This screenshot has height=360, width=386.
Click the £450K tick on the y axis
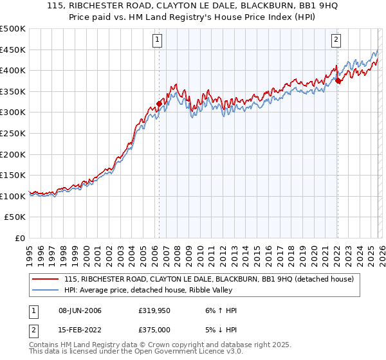[13, 50]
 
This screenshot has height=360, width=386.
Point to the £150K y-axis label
[13, 175]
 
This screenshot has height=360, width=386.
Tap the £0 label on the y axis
[19, 238]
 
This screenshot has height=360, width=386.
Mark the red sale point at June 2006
[159, 103]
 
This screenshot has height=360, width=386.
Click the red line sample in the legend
[46, 279]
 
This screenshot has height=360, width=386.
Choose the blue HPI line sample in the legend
[46, 291]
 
